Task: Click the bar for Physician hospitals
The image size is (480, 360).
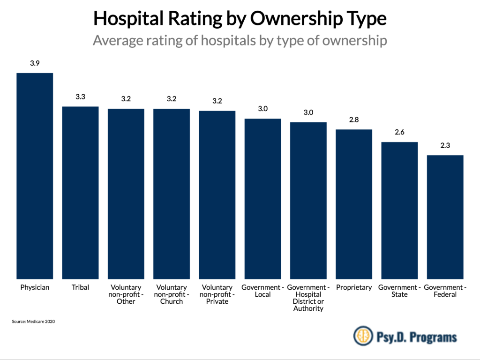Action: [x=35, y=176]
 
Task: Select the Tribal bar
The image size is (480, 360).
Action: [x=81, y=193]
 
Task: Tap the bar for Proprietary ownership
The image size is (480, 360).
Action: [x=354, y=204]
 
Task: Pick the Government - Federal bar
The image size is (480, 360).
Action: [x=445, y=217]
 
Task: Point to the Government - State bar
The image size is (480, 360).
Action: [x=399, y=210]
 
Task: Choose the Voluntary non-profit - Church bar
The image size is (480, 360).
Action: [x=172, y=194]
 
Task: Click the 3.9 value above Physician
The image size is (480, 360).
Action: [x=35, y=63]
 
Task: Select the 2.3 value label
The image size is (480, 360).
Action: [x=445, y=146]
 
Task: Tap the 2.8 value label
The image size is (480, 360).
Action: [x=354, y=120]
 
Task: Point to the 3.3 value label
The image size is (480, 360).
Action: [x=81, y=97]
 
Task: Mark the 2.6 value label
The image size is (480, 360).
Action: [x=399, y=133]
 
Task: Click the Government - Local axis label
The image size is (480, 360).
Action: [x=262, y=291]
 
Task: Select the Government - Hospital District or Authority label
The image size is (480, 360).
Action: [x=308, y=298]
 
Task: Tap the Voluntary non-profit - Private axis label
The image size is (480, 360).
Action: [x=217, y=294]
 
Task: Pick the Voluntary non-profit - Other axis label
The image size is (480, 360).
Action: [x=126, y=294]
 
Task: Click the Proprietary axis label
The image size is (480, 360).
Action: [x=354, y=287]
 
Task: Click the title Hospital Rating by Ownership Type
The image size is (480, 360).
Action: [x=240, y=18]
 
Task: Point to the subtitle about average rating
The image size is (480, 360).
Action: [x=240, y=40]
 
